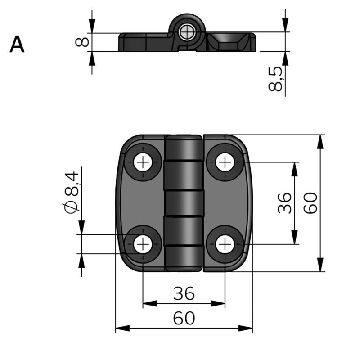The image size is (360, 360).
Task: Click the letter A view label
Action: coord(17,45)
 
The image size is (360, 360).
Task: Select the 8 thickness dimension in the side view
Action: coord(81,42)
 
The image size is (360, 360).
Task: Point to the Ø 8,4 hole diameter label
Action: coord(71,192)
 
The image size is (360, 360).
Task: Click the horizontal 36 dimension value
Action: coord(184,293)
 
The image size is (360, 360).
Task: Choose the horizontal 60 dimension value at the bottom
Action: coord(184,318)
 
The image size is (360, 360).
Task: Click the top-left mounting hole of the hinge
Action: coord(143,162)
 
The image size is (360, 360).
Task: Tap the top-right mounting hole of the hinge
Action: coord(224,162)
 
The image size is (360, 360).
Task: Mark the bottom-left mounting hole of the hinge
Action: coord(143,244)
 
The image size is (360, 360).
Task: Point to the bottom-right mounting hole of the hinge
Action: coord(224,244)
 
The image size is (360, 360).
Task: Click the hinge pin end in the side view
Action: coord(186,31)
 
